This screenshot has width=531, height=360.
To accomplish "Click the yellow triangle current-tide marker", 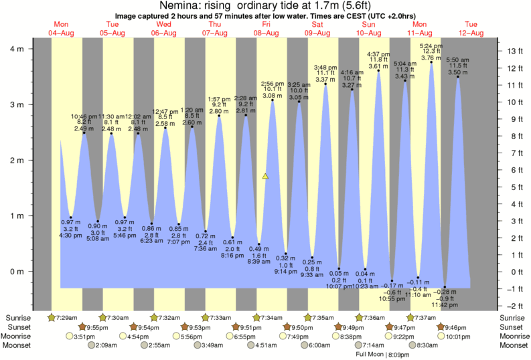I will click(265, 177).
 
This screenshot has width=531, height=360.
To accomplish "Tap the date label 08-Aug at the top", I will click(267, 33).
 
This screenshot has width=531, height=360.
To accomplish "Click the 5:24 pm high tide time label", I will click(431, 46).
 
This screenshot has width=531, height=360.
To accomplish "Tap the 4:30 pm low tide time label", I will click(71, 235).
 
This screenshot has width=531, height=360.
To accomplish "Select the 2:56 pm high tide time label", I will click(273, 82).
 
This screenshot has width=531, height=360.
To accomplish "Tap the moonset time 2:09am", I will click(107, 346).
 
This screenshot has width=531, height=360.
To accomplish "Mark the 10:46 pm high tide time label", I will click(85, 116).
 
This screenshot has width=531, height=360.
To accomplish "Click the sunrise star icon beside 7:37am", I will click(410, 317).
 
